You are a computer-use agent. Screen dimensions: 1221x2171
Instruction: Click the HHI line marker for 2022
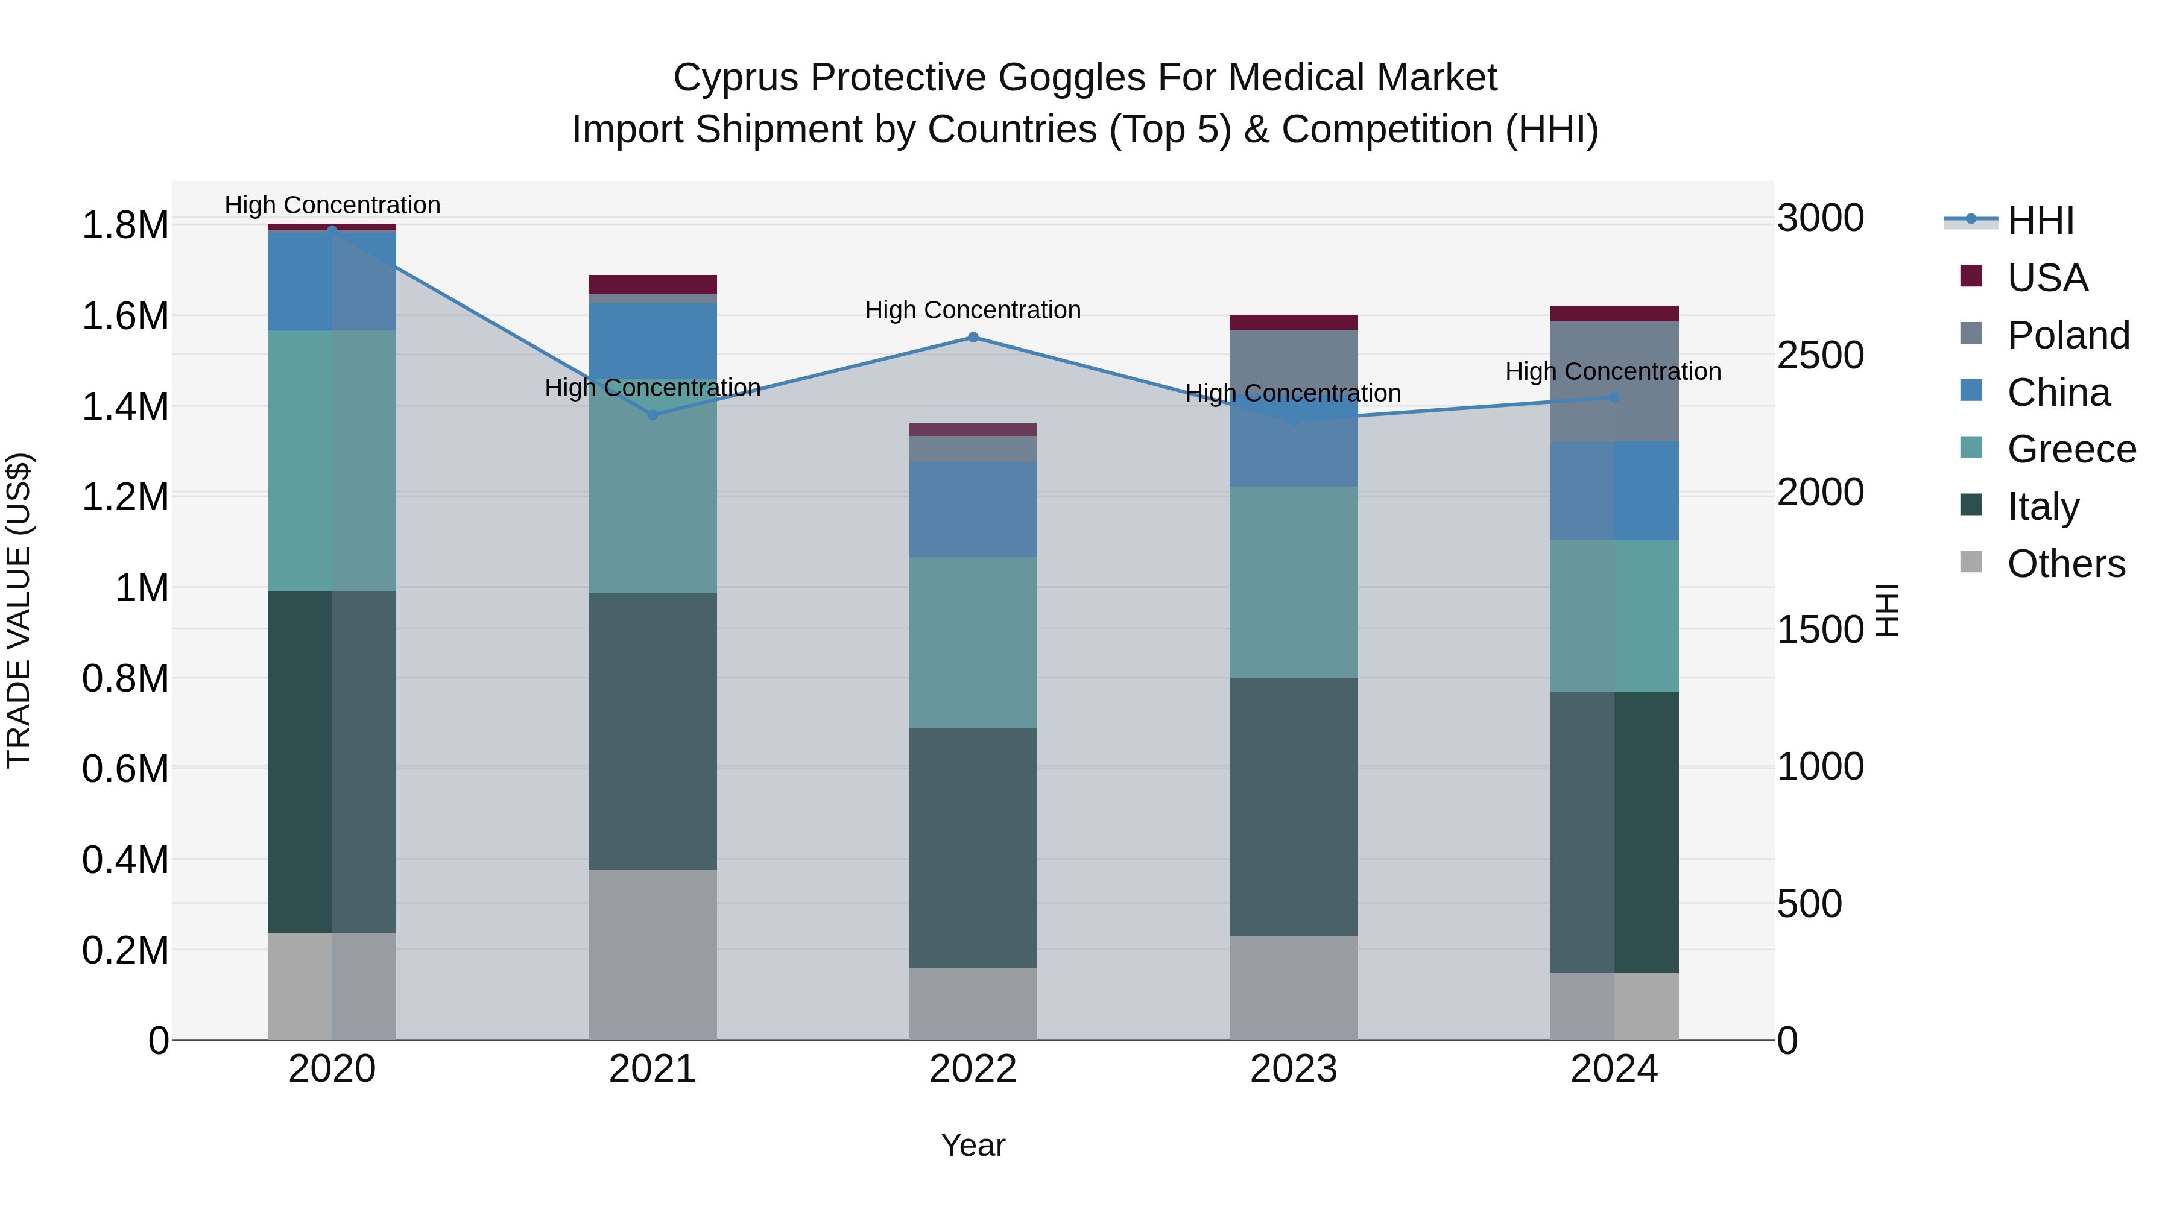pos(973,337)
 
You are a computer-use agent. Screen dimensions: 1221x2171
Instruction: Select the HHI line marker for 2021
pos(653,415)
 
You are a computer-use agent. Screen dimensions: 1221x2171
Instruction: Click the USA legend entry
pos(2047,278)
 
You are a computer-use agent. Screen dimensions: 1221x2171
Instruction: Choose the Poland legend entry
pos(2068,335)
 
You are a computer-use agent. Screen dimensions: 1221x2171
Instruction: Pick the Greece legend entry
pos(2071,449)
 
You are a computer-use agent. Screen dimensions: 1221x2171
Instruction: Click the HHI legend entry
pos(2040,221)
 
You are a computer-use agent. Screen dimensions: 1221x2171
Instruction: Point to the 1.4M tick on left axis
pos(125,407)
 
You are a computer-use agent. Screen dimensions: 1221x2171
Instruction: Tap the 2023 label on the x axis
pos(1293,1069)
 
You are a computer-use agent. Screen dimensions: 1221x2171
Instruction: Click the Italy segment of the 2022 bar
pos(973,847)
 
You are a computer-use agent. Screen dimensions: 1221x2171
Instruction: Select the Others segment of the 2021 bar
pos(653,954)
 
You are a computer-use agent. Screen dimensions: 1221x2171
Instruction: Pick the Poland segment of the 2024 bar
pos(1614,381)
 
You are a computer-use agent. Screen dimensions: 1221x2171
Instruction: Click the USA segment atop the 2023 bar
pos(1293,322)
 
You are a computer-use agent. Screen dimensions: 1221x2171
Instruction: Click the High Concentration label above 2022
pos(973,310)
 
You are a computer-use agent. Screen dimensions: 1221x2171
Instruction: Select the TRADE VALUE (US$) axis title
pos(19,610)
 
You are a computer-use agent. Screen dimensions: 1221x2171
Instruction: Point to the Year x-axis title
pos(973,1145)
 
